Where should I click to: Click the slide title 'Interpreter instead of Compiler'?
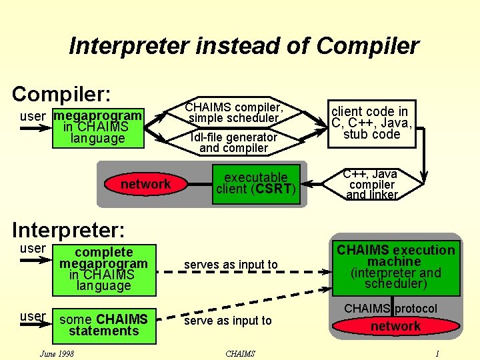tap(243, 47)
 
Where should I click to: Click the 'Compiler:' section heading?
tap(61, 93)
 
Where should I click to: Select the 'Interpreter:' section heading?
tap(69, 230)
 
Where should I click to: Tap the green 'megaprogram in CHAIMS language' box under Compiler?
tap(98, 127)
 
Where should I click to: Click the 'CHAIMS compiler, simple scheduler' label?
tap(234, 113)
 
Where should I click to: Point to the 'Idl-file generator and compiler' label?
tap(233, 143)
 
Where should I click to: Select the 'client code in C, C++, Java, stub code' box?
tap(372, 123)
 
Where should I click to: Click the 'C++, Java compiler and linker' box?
tap(372, 185)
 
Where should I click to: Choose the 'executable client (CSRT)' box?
tap(255, 183)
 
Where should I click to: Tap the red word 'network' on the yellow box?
tap(145, 184)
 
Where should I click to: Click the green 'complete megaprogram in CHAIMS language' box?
tap(104, 269)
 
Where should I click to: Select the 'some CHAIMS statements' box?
tap(104, 325)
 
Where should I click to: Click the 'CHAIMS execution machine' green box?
tap(395, 267)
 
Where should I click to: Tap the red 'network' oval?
tap(395, 326)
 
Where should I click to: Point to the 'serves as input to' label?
tap(231, 265)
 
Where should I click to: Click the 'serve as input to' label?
tap(228, 321)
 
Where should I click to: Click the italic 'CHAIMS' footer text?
tap(240, 353)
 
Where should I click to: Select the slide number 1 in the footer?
tap(437, 353)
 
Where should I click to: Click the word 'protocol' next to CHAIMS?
tap(416, 309)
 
